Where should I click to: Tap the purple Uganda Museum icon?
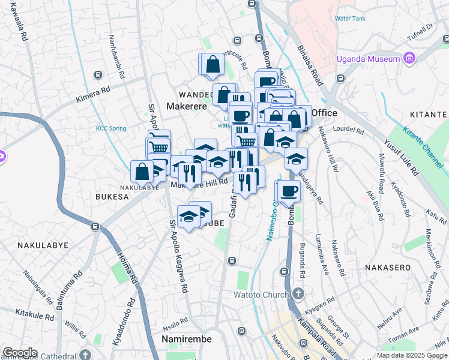point(409,58)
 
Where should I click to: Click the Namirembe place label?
point(186,339)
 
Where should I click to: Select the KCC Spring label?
point(111,128)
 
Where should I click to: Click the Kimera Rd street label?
point(93,95)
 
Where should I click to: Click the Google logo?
point(20,353)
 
